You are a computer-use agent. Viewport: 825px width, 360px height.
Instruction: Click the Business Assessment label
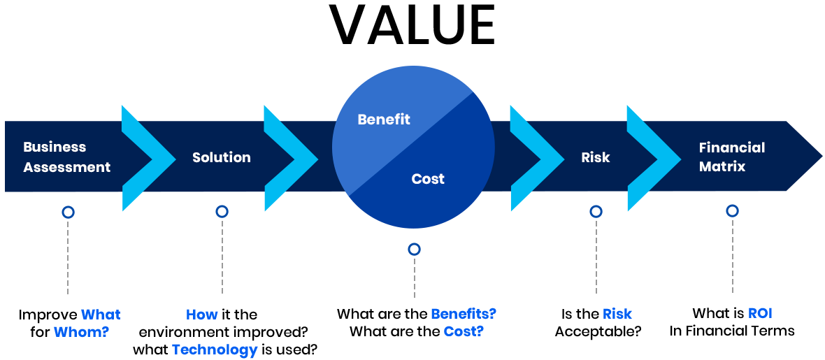click(66, 157)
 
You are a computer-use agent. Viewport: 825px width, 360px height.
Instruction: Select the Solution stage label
click(221, 157)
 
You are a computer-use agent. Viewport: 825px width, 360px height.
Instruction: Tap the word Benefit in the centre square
click(383, 120)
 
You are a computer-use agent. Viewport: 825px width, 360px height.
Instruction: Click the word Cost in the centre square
click(428, 179)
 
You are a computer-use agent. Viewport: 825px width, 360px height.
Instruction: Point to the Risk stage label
click(595, 157)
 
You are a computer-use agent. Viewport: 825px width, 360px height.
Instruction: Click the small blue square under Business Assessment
click(68, 212)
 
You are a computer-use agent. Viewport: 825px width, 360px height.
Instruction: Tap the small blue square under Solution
click(222, 211)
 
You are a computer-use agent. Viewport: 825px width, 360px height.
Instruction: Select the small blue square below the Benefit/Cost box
click(414, 249)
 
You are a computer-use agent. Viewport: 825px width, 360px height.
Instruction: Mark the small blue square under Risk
click(596, 211)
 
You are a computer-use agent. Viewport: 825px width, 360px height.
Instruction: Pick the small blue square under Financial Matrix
click(732, 210)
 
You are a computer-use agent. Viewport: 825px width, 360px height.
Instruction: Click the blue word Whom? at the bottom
click(82, 331)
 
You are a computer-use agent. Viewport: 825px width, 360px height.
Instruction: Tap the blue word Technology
click(215, 349)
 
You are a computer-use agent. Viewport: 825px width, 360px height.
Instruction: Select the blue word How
click(202, 315)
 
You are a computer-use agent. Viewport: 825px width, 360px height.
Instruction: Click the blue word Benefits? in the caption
click(463, 314)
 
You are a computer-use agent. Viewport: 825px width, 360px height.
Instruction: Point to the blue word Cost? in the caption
click(463, 331)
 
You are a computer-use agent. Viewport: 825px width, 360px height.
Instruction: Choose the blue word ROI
click(759, 313)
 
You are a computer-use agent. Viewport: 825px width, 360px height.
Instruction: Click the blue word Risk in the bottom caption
click(617, 314)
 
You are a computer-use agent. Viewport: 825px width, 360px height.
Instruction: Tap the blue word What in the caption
click(101, 315)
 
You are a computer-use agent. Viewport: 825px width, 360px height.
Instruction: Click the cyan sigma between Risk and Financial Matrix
click(653, 157)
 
